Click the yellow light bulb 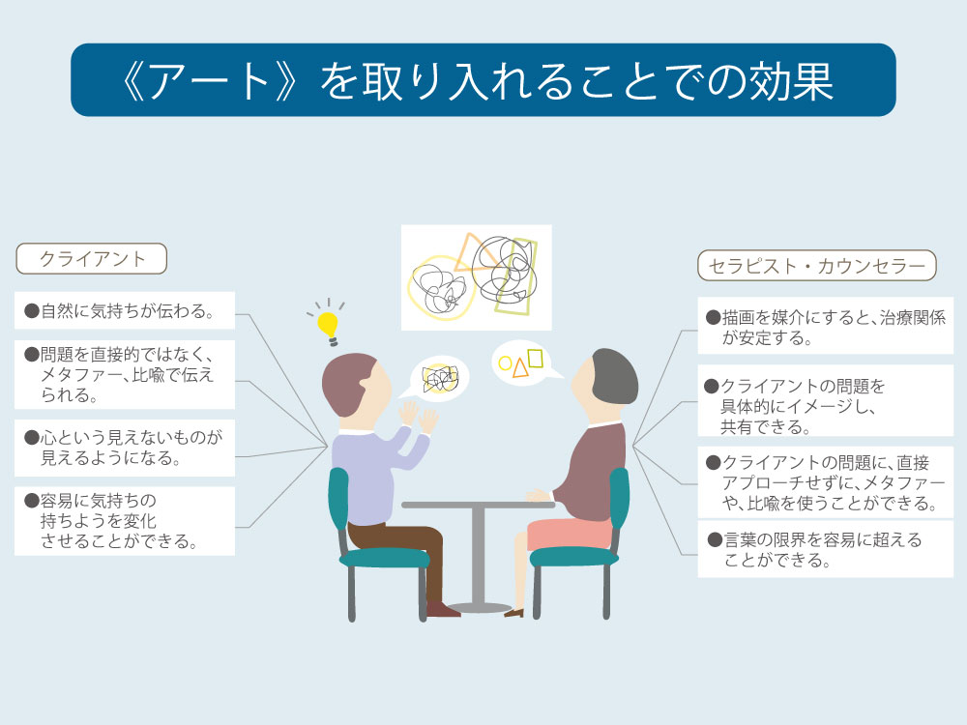pyautogui.click(x=328, y=327)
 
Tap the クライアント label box pyautogui.click(x=91, y=258)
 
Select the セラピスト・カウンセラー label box pyautogui.click(x=816, y=266)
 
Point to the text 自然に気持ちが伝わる pyautogui.click(x=127, y=310)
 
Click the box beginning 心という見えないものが pyautogui.click(x=125, y=449)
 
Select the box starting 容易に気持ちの pyautogui.click(x=125, y=521)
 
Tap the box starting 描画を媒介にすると pyautogui.click(x=825, y=326)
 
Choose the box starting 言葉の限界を pyautogui.click(x=825, y=549)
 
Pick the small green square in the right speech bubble pyautogui.click(x=536, y=359)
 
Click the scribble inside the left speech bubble pyautogui.click(x=440, y=379)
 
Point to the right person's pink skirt pyautogui.click(x=570, y=534)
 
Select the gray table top pyautogui.click(x=478, y=505)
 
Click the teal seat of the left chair pyautogui.click(x=384, y=558)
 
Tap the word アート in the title pyautogui.click(x=210, y=81)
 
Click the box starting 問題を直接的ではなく pyautogui.click(x=125, y=374)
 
